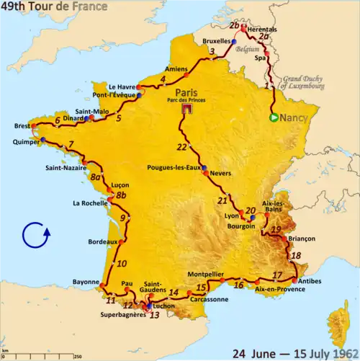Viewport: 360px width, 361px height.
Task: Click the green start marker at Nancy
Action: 274,118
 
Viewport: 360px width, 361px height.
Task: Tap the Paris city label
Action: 186,91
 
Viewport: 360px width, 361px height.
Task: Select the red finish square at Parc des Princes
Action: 186,110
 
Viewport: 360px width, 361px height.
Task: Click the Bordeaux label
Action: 102,241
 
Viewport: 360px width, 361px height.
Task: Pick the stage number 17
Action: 277,275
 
